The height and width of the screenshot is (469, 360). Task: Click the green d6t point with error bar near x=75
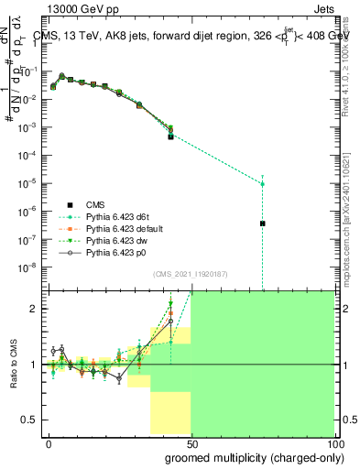point(262,183)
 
